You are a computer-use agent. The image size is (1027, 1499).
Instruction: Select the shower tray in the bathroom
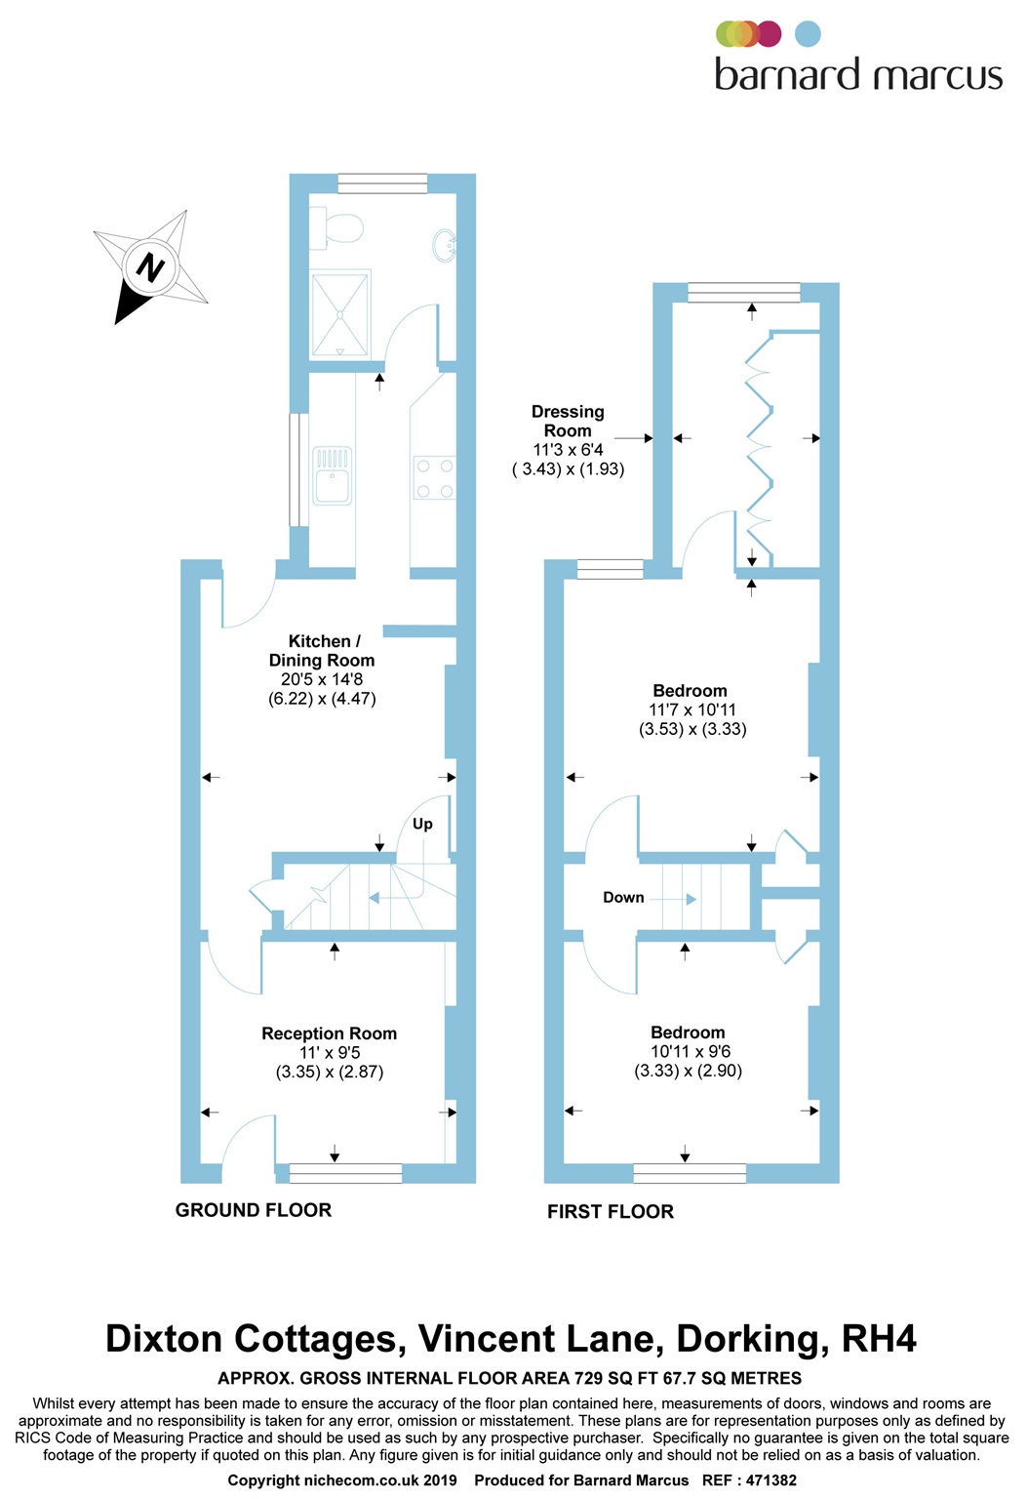(340, 314)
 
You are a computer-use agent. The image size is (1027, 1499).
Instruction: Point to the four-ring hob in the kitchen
(434, 478)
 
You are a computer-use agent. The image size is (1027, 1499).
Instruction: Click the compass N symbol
(149, 265)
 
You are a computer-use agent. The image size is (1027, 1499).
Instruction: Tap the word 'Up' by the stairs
(422, 824)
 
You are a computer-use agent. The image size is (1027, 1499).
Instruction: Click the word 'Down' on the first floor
(623, 898)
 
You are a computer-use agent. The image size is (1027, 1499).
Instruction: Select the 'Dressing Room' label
(568, 421)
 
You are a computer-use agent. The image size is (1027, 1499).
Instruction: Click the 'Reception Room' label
(329, 1033)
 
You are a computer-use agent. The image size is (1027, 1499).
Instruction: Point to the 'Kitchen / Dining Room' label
(322, 650)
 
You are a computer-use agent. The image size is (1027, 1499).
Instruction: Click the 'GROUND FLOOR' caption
(254, 1210)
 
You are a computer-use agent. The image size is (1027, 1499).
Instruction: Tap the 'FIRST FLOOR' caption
(611, 1212)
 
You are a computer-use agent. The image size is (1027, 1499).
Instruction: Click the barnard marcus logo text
(858, 75)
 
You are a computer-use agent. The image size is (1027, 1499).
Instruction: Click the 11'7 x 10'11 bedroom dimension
(692, 710)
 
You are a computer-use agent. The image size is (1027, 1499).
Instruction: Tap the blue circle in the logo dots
(808, 34)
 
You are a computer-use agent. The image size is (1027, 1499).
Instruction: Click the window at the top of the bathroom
(382, 183)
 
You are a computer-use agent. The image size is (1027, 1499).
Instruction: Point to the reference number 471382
(771, 1480)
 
